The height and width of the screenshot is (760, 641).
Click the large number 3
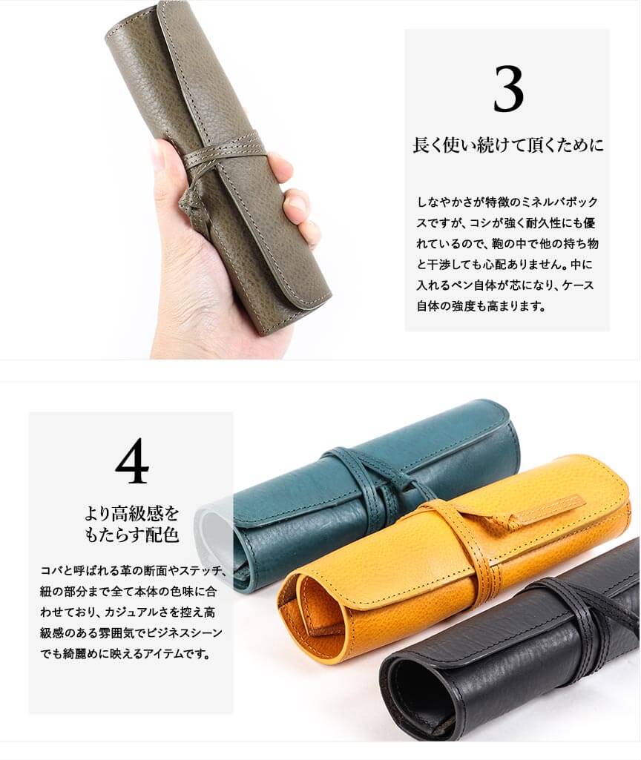(x=508, y=89)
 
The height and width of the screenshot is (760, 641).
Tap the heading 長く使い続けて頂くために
(x=508, y=145)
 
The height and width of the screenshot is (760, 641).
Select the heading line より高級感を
(x=132, y=513)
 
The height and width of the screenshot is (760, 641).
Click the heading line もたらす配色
(x=132, y=535)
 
